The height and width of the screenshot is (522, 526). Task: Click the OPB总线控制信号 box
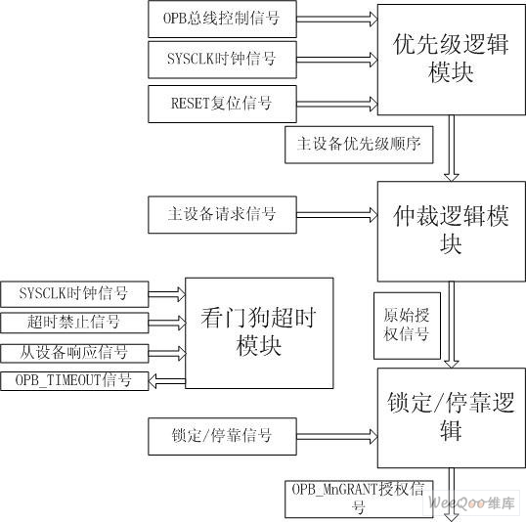pyautogui.click(x=222, y=19)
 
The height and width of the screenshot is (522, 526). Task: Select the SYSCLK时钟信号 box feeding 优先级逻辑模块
pyautogui.click(x=222, y=60)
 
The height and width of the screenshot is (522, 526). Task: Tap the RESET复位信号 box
pyautogui.click(x=222, y=104)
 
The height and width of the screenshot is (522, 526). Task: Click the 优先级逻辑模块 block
pyautogui.click(x=451, y=60)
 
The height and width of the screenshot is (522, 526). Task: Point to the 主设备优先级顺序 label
pyautogui.click(x=359, y=145)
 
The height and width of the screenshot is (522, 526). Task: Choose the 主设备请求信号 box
pyautogui.click(x=222, y=215)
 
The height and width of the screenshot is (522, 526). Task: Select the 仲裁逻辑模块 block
pyautogui.click(x=451, y=232)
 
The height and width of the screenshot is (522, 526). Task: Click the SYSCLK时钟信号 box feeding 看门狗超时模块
pyautogui.click(x=74, y=294)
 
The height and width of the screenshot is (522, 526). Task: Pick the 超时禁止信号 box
pyautogui.click(x=74, y=323)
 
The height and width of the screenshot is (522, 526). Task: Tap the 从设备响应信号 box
pyautogui.click(x=74, y=353)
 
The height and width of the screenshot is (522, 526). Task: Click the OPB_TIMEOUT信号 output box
pyautogui.click(x=74, y=381)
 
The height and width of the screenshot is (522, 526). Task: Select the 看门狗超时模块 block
pyautogui.click(x=259, y=333)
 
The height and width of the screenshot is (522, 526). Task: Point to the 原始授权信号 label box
pyautogui.click(x=407, y=326)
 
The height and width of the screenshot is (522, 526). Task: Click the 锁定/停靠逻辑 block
pyautogui.click(x=451, y=418)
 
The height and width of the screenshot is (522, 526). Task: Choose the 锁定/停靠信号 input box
pyautogui.click(x=222, y=436)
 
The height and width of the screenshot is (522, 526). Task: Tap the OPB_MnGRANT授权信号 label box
pyautogui.click(x=359, y=500)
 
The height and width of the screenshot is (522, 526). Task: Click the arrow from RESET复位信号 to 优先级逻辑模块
pyautogui.click(x=337, y=104)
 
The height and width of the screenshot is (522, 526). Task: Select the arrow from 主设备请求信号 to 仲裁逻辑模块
pyautogui.click(x=337, y=215)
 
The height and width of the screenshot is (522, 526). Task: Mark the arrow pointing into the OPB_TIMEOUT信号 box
pyautogui.click(x=167, y=381)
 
